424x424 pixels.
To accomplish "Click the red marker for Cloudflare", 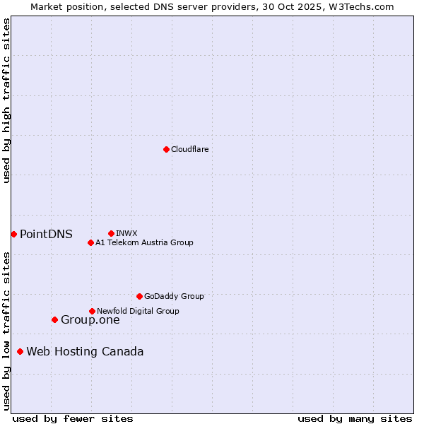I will click(x=166, y=149).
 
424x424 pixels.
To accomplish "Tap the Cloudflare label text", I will click(x=189, y=149).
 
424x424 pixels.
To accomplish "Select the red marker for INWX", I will click(x=111, y=233).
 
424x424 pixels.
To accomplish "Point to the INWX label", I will click(x=126, y=233).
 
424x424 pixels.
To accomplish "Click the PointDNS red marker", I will click(x=13, y=234).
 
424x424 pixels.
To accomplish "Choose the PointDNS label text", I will click(x=46, y=235).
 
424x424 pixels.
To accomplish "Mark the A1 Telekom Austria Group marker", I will click(x=90, y=242).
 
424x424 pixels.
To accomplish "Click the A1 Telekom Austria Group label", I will click(x=144, y=242).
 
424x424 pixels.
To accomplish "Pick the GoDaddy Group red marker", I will click(x=139, y=296).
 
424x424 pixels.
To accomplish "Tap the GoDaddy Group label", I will click(x=173, y=296).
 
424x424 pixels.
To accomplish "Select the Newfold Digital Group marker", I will click(x=92, y=311).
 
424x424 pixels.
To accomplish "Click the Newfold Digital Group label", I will click(x=138, y=311).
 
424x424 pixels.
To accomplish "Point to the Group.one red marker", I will click(x=54, y=319).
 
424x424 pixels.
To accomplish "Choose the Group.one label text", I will click(x=90, y=320).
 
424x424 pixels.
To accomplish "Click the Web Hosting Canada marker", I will click(x=20, y=351).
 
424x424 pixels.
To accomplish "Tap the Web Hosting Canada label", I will click(x=85, y=352).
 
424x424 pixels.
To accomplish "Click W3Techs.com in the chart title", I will click(x=364, y=6).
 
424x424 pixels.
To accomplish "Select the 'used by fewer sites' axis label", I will click(x=73, y=418).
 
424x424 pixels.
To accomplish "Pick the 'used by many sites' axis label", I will click(x=355, y=418).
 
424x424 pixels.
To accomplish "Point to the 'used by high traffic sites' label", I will click(x=6, y=100).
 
